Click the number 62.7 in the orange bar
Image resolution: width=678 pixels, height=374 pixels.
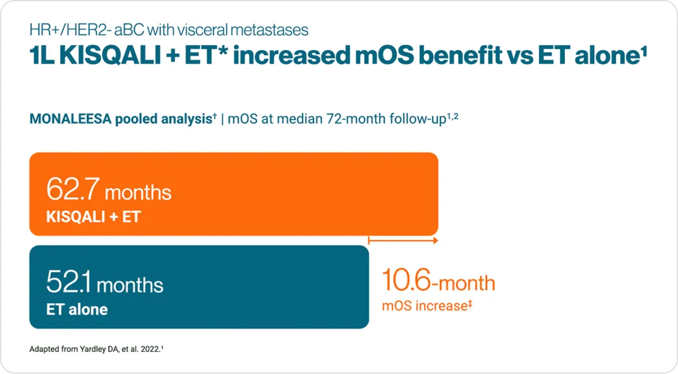coord(73,190)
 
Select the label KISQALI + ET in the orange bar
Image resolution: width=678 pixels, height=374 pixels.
coord(94,217)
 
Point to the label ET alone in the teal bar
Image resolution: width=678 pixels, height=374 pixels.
coord(77,309)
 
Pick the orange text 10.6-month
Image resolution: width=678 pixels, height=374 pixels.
coord(439,282)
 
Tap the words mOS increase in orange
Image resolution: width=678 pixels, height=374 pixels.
coord(424,307)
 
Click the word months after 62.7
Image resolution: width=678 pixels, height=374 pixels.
coord(138,191)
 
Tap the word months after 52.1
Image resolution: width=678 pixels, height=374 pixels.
coord(130,285)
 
